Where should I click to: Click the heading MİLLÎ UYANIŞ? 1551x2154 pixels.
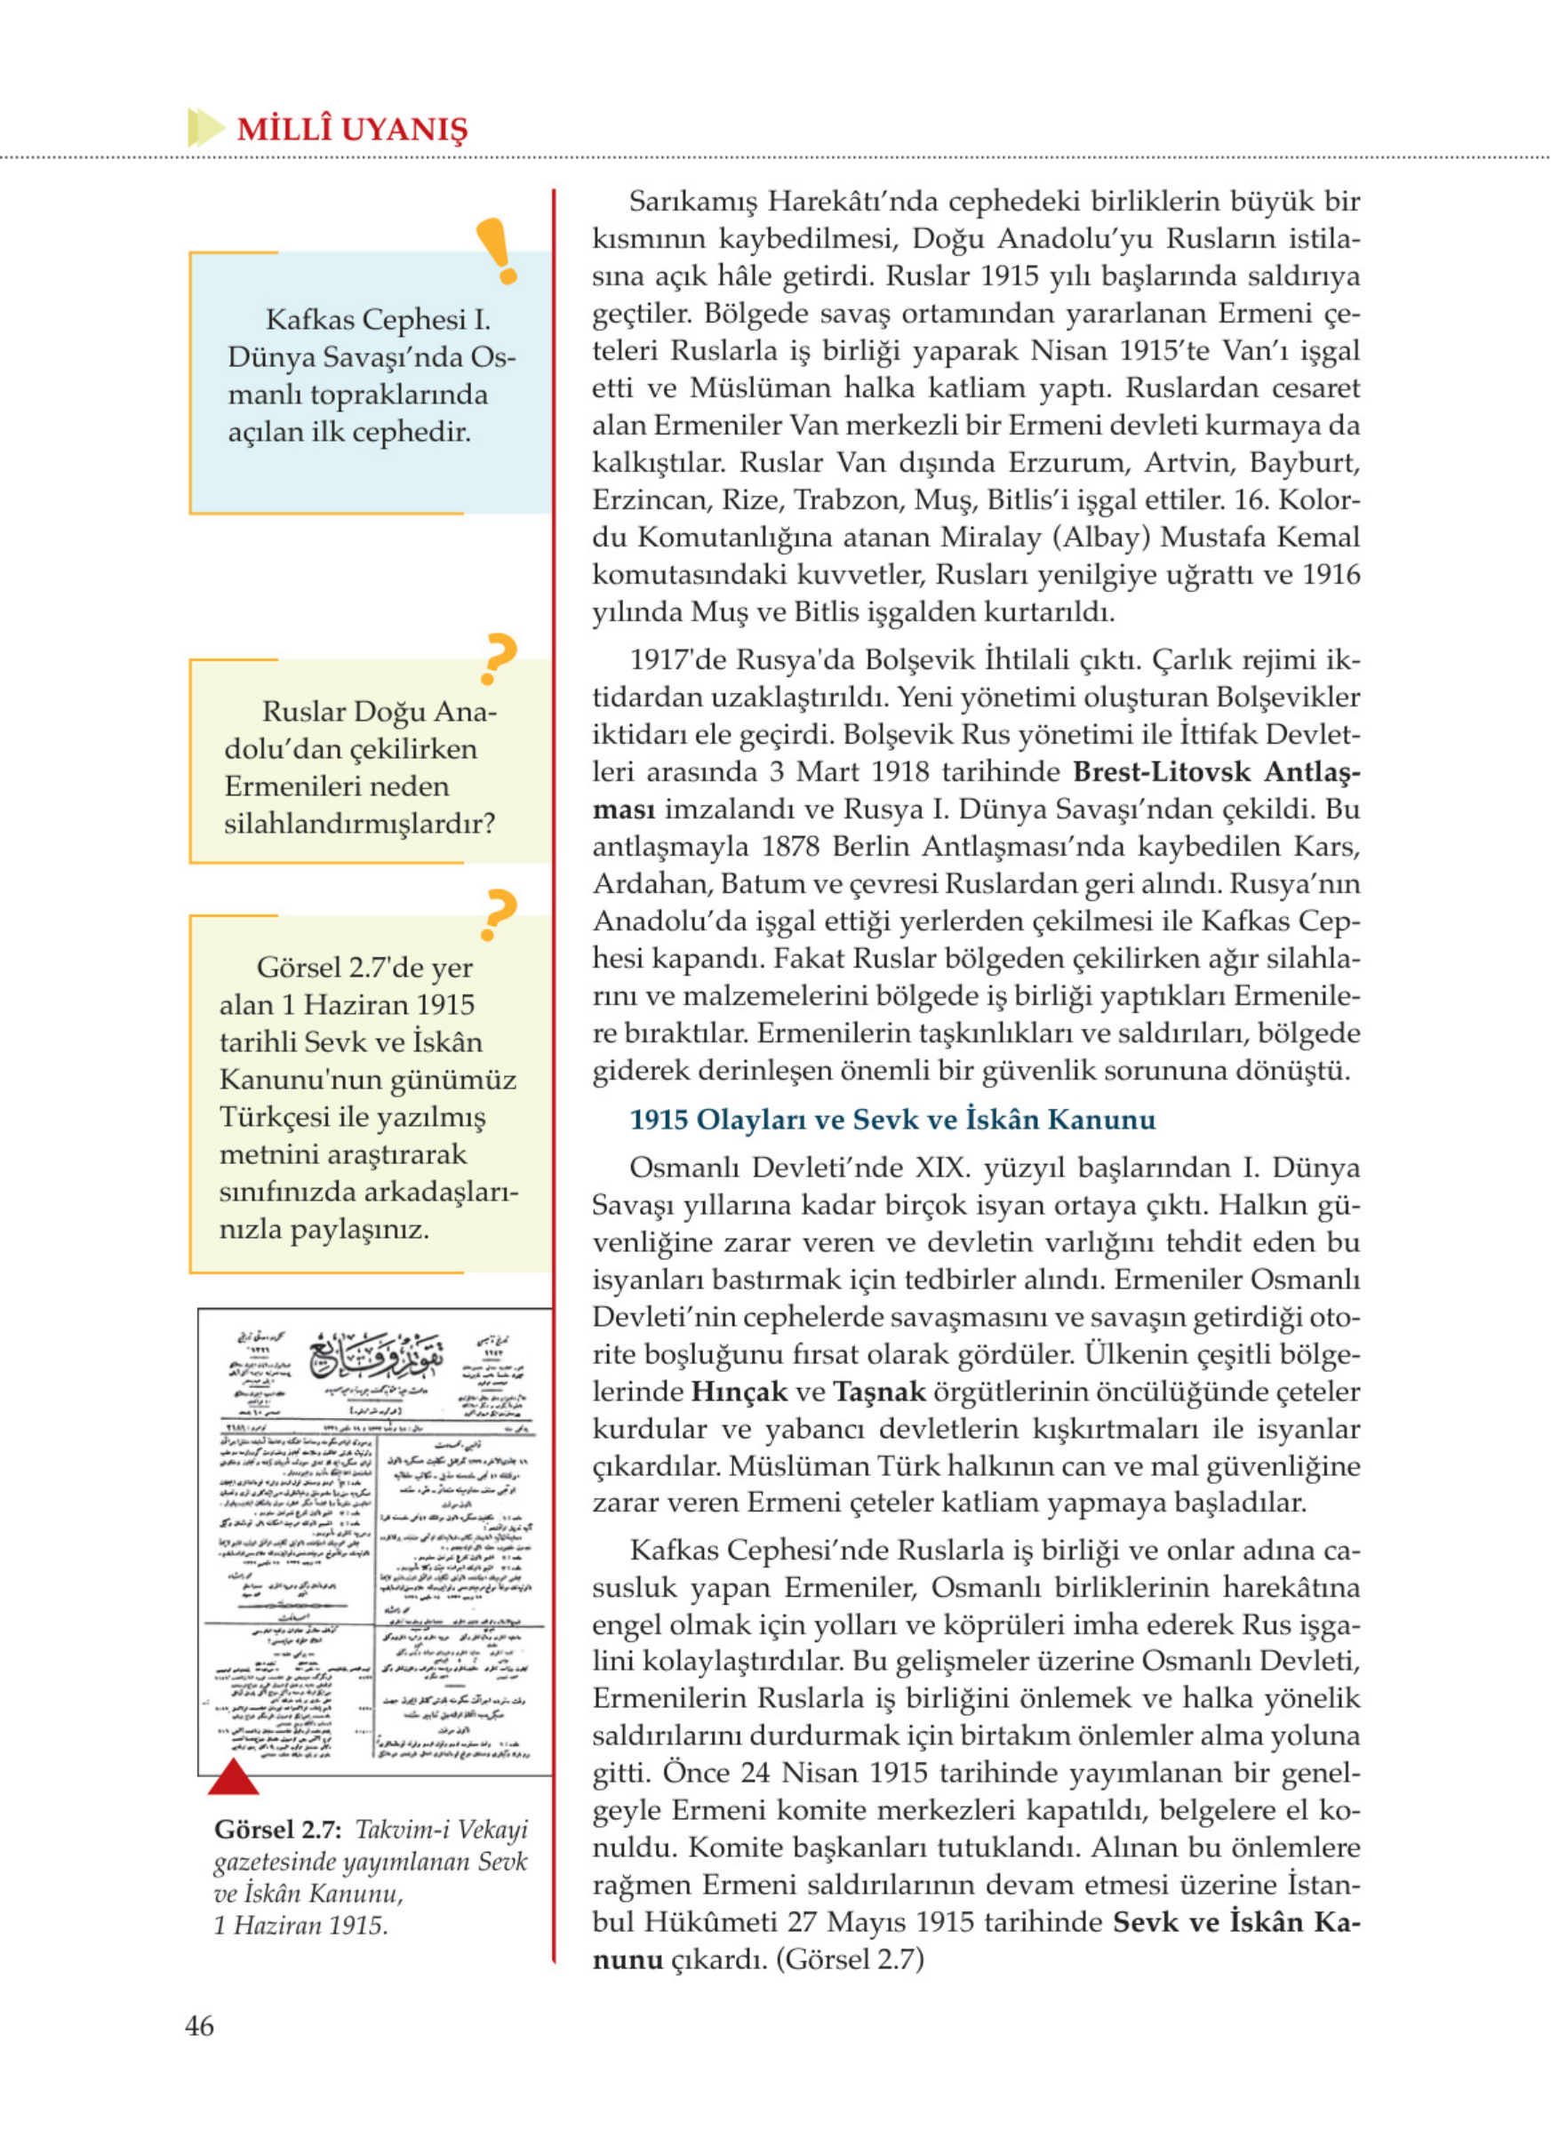pyautogui.click(x=351, y=129)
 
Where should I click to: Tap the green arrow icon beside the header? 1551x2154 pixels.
pyautogui.click(x=205, y=127)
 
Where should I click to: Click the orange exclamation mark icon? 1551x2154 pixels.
pyautogui.click(x=497, y=251)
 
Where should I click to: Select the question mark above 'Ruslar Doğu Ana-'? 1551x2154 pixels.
pyautogui.click(x=499, y=658)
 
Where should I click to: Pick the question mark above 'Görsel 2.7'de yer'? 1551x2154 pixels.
pyautogui.click(x=499, y=913)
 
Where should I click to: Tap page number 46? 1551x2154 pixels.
pyautogui.click(x=199, y=2026)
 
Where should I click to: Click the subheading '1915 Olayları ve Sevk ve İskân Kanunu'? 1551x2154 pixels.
pyautogui.click(x=891, y=1119)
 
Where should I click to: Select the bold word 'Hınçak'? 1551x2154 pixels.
pyautogui.click(x=739, y=1392)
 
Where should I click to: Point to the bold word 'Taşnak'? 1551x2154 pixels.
pyautogui.click(x=878, y=1392)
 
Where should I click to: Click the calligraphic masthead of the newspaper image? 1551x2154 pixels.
pyautogui.click(x=377, y=1355)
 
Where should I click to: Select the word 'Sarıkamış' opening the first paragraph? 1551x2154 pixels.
pyautogui.click(x=692, y=202)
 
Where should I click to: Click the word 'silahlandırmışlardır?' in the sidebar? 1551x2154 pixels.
pyautogui.click(x=359, y=823)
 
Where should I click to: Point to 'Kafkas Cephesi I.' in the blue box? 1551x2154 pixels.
pyautogui.click(x=378, y=319)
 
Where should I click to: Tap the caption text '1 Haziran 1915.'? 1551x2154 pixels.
pyautogui.click(x=300, y=1925)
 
